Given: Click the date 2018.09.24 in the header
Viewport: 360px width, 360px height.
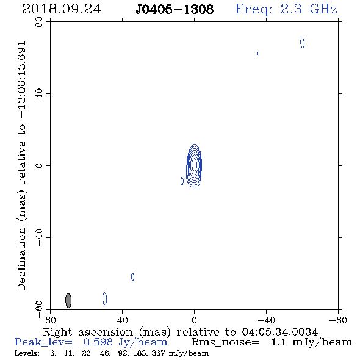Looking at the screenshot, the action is click(x=62, y=9).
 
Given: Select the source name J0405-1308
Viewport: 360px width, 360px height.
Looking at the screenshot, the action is click(x=175, y=9).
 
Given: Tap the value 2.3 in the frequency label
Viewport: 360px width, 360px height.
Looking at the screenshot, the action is click(x=291, y=9).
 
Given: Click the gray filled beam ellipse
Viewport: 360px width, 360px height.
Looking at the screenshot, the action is click(x=68, y=300).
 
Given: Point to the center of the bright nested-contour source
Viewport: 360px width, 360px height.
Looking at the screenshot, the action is click(x=194, y=165).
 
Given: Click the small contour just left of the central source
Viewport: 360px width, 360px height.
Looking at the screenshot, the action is click(x=182, y=181).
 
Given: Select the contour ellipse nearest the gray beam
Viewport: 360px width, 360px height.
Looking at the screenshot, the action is click(x=105, y=299).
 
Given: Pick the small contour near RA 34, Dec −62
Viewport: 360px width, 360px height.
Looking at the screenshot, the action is click(x=132, y=277).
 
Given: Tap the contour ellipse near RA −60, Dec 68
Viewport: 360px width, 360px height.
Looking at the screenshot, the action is click(x=303, y=43).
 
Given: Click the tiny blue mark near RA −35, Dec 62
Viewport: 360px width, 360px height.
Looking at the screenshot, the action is click(x=257, y=53).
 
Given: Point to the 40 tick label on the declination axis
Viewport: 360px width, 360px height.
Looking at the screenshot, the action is click(x=39, y=94).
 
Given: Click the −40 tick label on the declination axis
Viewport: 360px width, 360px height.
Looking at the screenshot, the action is click(x=39, y=237).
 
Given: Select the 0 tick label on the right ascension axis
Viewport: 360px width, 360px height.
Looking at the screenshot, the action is click(x=194, y=320).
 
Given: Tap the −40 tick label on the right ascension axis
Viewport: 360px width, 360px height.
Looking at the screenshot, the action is click(x=266, y=320).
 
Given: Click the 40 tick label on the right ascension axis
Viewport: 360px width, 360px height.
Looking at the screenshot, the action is click(x=123, y=320).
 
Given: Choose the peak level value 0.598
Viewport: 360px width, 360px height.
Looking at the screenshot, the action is click(x=98, y=342).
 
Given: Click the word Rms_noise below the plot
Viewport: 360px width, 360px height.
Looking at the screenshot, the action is click(x=225, y=342).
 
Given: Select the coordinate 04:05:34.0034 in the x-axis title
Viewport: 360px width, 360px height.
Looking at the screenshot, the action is click(x=280, y=332).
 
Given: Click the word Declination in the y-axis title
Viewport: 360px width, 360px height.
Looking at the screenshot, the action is click(x=21, y=259).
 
